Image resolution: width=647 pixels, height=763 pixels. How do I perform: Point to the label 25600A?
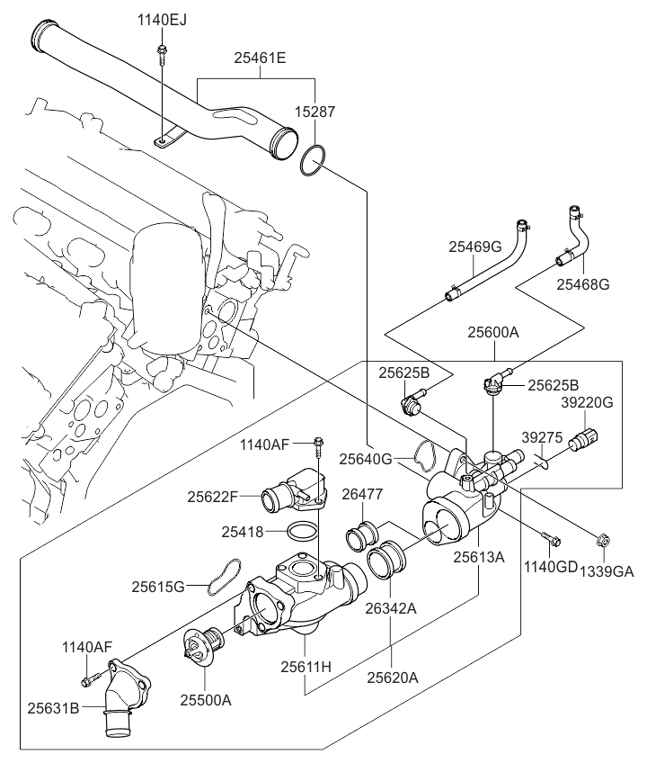pos(492,332)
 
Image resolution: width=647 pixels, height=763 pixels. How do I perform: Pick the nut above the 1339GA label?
pos(603,542)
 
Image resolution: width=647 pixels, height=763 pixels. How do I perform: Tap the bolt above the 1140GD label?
pos(552,541)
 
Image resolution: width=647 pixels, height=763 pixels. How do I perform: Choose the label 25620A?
pos(392,678)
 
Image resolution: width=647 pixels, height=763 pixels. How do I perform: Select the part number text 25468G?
pos(582,284)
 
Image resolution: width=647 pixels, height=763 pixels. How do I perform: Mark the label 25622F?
pos(214,495)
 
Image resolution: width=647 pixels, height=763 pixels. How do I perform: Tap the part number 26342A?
pos(391,608)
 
